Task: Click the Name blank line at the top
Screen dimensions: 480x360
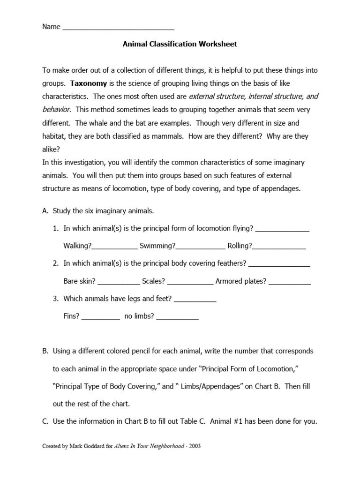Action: pos(118,28)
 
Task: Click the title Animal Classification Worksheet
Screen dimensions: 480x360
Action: pos(180,44)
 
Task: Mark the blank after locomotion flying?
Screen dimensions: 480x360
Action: pos(282,229)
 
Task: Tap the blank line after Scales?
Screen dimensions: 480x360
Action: pos(190,282)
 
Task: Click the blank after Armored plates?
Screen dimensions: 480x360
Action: pos(290,282)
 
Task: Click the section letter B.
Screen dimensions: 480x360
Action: pos(45,351)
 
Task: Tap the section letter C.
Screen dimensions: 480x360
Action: pos(45,421)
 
